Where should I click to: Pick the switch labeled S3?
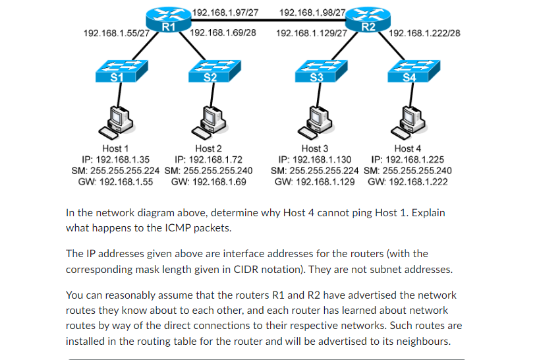pyautogui.click(x=317, y=71)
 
